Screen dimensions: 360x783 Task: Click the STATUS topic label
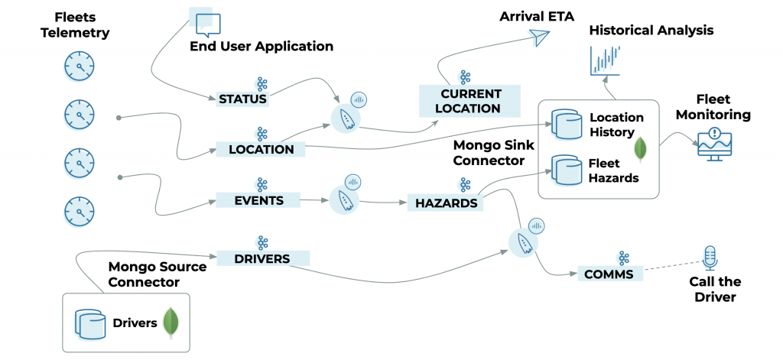tap(242, 99)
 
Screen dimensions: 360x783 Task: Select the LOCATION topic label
tap(261, 149)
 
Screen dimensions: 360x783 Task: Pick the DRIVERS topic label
tap(262, 258)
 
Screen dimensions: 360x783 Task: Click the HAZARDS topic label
tap(447, 203)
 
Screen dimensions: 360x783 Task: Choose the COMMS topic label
tap(609, 273)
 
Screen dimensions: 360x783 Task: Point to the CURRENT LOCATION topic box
tap(469, 101)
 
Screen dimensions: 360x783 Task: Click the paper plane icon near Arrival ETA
tap(541, 37)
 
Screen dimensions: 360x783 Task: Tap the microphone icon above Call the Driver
tap(710, 258)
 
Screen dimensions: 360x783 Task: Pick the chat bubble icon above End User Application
tap(205, 22)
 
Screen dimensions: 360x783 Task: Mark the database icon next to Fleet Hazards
tap(565, 170)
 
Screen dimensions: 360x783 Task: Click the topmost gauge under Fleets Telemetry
tap(79, 66)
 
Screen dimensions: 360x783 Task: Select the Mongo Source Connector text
tap(158, 274)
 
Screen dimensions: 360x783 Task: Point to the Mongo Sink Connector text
tap(489, 152)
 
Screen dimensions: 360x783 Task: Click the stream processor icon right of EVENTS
tap(344, 199)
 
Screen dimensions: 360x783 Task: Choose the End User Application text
tap(262, 47)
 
